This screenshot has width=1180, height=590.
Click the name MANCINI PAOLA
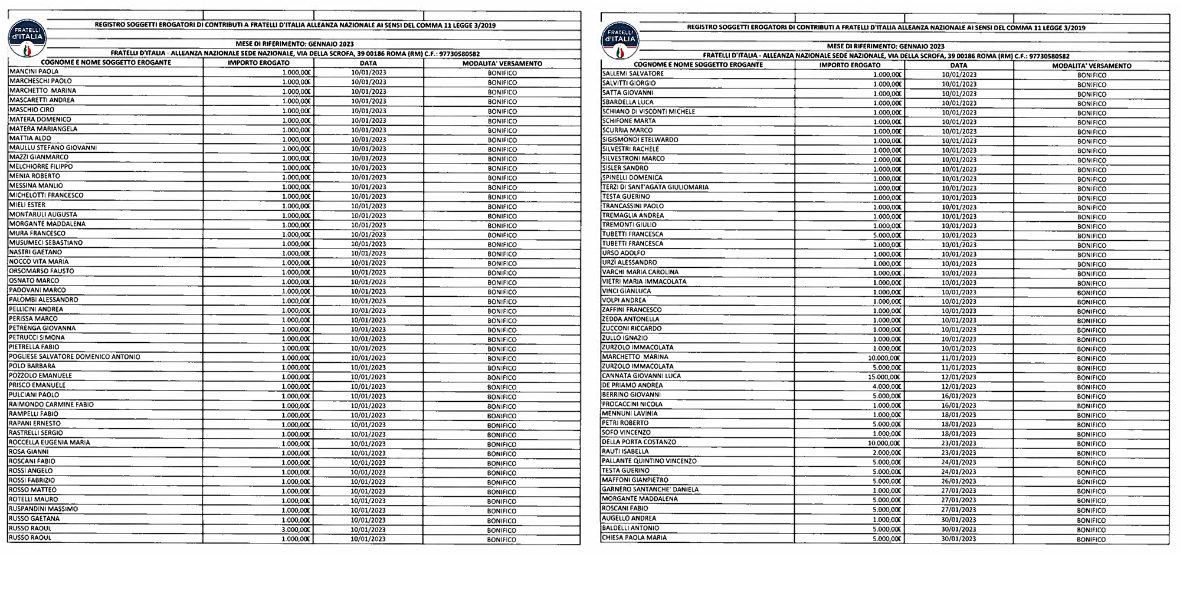34,71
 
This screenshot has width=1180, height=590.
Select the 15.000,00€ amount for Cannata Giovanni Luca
883,377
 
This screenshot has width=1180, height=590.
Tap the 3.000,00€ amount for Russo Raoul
296,529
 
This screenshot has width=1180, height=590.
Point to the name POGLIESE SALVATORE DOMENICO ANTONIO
74,357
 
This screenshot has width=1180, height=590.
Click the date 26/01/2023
959,481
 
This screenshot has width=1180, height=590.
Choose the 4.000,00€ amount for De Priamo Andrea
886,386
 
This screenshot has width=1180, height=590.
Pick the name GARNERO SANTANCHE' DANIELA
650,489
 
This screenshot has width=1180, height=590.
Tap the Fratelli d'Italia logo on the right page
619,40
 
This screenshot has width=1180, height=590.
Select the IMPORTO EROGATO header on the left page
258,63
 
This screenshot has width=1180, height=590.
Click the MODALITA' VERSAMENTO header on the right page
1091,65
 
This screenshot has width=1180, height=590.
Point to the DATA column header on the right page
959,65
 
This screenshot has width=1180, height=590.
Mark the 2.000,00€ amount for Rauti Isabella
886,453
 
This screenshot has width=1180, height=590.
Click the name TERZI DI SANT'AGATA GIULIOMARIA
655,187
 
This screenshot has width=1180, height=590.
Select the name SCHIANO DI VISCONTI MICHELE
648,112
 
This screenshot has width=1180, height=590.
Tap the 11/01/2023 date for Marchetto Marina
959,358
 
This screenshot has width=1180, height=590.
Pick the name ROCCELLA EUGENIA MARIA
49,442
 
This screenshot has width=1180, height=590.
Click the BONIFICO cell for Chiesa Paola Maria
1091,539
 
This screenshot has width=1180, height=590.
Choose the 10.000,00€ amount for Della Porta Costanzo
883,443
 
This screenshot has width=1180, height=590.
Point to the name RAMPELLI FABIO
33,414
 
